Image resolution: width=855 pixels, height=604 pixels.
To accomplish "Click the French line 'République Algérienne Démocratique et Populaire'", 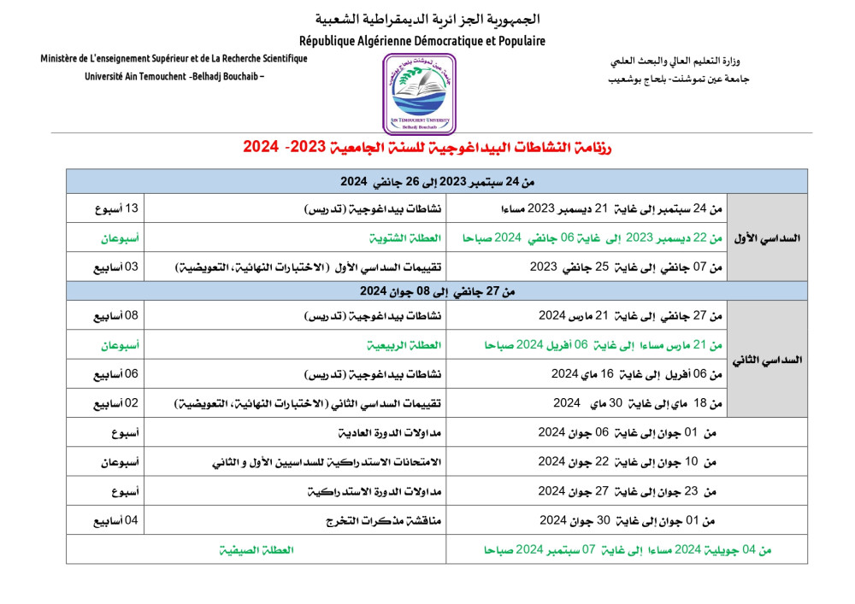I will (422, 40).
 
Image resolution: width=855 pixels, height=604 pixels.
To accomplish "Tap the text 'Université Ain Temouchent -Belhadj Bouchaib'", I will (174, 76).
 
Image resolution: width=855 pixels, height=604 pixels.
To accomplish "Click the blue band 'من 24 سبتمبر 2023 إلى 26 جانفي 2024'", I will (437, 181).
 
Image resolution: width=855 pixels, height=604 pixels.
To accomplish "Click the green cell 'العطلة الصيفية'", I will (256, 550).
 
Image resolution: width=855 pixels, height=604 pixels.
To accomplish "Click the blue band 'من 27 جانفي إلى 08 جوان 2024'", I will (437, 291).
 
